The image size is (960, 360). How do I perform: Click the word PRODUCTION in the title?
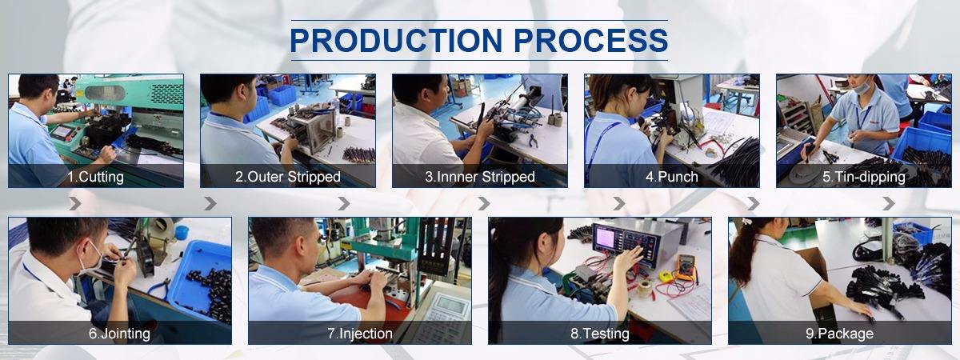pos(396,40)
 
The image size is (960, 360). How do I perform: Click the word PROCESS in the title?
pos(591,40)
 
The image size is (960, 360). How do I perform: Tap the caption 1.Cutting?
pos(95,177)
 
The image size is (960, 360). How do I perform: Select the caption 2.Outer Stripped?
pos(287,177)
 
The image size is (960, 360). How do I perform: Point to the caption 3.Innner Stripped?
pos(480,177)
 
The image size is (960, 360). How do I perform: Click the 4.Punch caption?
pos(671,177)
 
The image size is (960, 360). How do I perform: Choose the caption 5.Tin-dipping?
pos(863,177)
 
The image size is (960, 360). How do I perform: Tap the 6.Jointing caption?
pos(119,334)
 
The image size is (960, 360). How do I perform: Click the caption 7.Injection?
pos(360,334)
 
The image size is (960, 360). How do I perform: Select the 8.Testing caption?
pos(600,334)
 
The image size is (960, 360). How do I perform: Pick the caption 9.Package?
pos(839,334)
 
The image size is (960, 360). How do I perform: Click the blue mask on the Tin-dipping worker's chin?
pos(862,88)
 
